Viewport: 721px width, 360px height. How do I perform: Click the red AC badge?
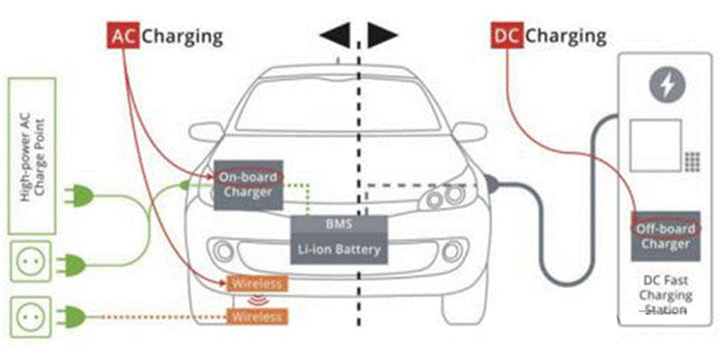coord(123,36)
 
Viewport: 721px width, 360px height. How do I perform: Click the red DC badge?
coord(507,36)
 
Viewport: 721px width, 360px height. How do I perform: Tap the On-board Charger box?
coord(248,185)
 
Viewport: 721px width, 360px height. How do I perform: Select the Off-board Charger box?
coord(665,236)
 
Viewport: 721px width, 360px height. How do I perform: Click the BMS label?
coord(338,225)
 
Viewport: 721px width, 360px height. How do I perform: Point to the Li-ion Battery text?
coord(338,249)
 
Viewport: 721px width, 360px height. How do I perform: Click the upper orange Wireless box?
coord(257,284)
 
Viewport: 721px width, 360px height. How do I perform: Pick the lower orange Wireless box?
coord(257,317)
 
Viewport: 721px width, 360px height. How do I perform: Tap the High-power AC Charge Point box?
coord(32,156)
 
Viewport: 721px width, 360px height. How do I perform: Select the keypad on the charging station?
coord(692,161)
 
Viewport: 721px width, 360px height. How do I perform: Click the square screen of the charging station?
coord(655,145)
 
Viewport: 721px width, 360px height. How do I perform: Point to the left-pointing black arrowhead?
coord(335,36)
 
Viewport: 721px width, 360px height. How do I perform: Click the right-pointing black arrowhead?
coord(383,36)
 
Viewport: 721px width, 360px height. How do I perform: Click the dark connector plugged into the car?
coord(491,185)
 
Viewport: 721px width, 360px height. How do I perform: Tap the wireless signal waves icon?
coord(257,301)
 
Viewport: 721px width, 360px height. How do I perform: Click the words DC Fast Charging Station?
coord(665,294)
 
